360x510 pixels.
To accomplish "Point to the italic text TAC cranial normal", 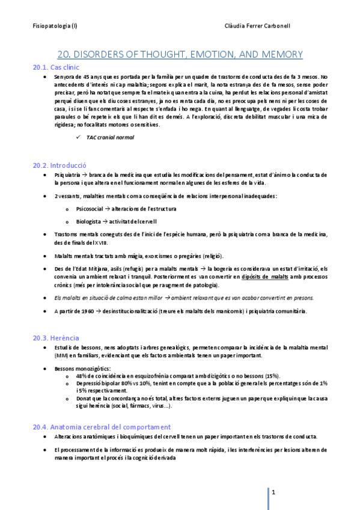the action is point(111,138).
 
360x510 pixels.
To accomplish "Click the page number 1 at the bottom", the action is point(273,493).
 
